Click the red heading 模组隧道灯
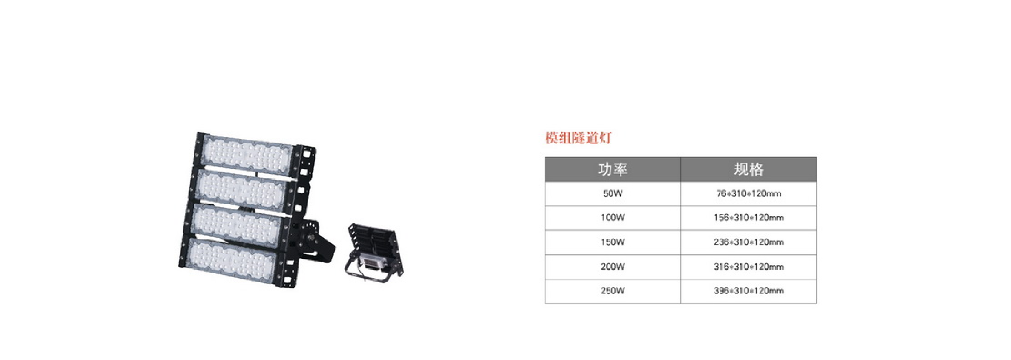coord(578,138)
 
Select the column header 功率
coord(612,169)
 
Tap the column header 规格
coord(748,169)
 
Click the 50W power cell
coord(612,194)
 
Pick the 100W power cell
coord(612,217)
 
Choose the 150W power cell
coord(612,242)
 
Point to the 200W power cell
coord(612,267)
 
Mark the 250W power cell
coord(612,291)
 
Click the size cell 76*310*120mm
coord(748,194)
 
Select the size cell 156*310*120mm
coord(748,217)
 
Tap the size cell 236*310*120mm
coord(748,242)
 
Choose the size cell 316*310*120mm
coord(748,267)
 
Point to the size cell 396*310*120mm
coord(748,291)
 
